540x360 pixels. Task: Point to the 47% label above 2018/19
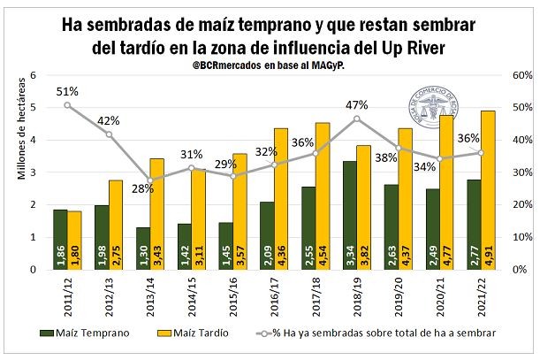click(x=357, y=104)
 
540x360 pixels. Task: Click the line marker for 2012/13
click(x=110, y=134)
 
